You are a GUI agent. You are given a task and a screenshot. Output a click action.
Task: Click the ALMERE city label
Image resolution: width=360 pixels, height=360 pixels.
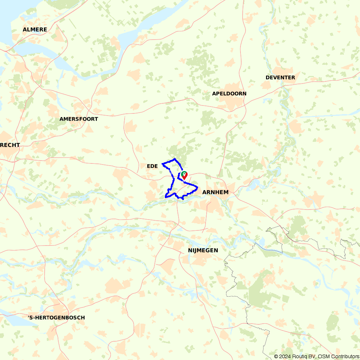[x=35, y=30]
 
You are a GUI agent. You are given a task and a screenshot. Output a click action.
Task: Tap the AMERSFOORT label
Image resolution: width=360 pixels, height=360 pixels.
[x=78, y=119]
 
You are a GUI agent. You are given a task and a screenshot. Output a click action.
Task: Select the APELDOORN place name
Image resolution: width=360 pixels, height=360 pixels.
[x=229, y=94]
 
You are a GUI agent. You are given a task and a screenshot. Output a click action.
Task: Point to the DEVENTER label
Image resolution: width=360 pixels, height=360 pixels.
[x=280, y=77]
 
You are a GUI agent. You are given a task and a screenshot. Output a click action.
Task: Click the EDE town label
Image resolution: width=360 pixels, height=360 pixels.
[x=153, y=166]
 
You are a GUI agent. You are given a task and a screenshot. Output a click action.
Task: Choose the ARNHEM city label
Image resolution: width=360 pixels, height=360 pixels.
[x=215, y=192]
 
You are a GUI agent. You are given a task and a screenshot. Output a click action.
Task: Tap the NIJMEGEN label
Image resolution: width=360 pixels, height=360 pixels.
[x=203, y=250]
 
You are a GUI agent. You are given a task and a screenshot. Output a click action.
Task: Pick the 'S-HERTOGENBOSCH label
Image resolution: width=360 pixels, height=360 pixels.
[x=56, y=318]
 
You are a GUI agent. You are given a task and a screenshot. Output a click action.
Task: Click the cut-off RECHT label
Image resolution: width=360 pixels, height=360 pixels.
[x=10, y=145]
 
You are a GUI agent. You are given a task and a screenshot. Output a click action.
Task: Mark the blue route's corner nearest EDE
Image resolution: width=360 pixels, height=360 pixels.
[x=163, y=164]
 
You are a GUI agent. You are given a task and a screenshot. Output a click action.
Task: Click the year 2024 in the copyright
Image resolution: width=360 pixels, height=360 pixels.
[x=285, y=356]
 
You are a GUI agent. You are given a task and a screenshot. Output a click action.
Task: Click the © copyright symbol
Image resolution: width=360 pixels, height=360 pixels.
[x=276, y=356]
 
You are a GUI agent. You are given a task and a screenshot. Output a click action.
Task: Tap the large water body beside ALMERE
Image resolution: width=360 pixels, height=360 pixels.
[x=11, y=18]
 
